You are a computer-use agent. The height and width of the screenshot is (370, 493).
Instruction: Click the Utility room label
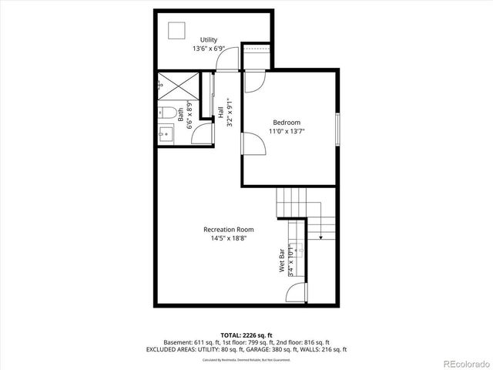click(209, 40)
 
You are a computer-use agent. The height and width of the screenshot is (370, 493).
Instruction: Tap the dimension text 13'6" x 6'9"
click(209, 49)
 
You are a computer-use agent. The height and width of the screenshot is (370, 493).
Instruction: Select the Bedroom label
click(287, 123)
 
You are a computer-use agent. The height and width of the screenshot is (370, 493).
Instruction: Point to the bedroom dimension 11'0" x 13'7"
click(287, 132)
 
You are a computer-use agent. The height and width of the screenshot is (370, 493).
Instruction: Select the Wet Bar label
click(282, 261)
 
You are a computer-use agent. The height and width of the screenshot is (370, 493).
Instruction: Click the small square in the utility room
click(177, 30)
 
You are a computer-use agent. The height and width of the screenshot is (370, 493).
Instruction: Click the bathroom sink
click(165, 134)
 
